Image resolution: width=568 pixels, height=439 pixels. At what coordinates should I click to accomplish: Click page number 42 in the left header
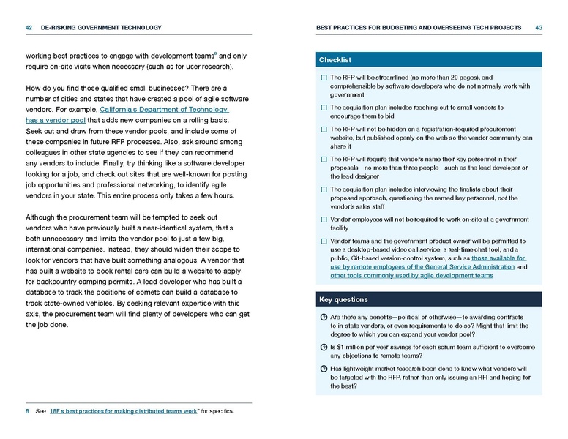click(30, 28)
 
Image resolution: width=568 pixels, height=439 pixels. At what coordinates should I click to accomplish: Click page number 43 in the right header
click(539, 28)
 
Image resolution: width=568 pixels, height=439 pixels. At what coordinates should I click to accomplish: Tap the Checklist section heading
click(335, 59)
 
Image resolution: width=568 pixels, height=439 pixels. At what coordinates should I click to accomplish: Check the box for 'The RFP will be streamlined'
click(324, 77)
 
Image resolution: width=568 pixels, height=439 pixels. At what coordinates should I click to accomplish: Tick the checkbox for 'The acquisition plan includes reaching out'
click(324, 108)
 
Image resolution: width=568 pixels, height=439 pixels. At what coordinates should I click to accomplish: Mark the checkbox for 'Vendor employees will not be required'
click(324, 219)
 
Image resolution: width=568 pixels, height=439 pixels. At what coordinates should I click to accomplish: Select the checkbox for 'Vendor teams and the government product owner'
click(324, 240)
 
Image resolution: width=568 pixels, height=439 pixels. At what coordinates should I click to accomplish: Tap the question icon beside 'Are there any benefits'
click(324, 316)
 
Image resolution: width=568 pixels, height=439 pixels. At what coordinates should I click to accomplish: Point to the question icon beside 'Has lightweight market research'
click(324, 368)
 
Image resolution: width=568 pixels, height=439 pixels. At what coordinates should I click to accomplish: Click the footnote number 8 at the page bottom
click(27, 411)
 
